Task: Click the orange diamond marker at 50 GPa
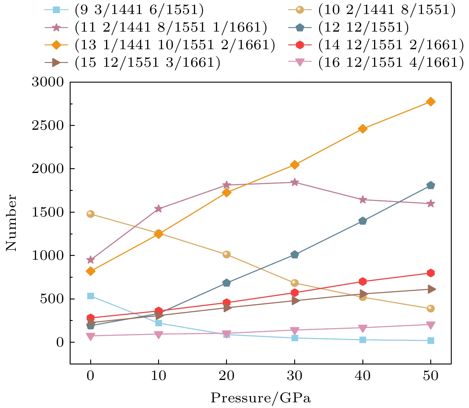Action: pyautogui.click(x=431, y=102)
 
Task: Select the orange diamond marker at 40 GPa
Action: pyautogui.click(x=362, y=129)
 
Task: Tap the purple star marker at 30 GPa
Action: pyautogui.click(x=295, y=182)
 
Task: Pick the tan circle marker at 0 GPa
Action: pyautogui.click(x=91, y=214)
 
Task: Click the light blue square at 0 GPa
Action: pyautogui.click(x=91, y=296)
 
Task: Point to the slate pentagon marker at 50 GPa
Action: pyautogui.click(x=431, y=185)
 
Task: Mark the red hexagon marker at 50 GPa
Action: pyautogui.click(x=431, y=273)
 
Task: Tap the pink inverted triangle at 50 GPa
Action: pyautogui.click(x=431, y=325)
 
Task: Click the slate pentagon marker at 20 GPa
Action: pyautogui.click(x=226, y=283)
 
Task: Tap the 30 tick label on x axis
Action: pyautogui.click(x=295, y=376)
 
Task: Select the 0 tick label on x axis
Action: pyautogui.click(x=91, y=376)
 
